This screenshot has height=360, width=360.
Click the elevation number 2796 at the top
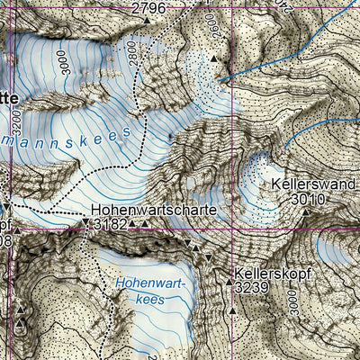coord(149,8)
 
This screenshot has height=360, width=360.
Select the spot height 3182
coord(109,223)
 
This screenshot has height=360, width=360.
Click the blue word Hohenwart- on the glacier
coord(148,284)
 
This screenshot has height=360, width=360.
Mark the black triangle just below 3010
coord(306,212)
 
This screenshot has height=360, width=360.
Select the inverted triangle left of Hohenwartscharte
coord(86,220)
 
